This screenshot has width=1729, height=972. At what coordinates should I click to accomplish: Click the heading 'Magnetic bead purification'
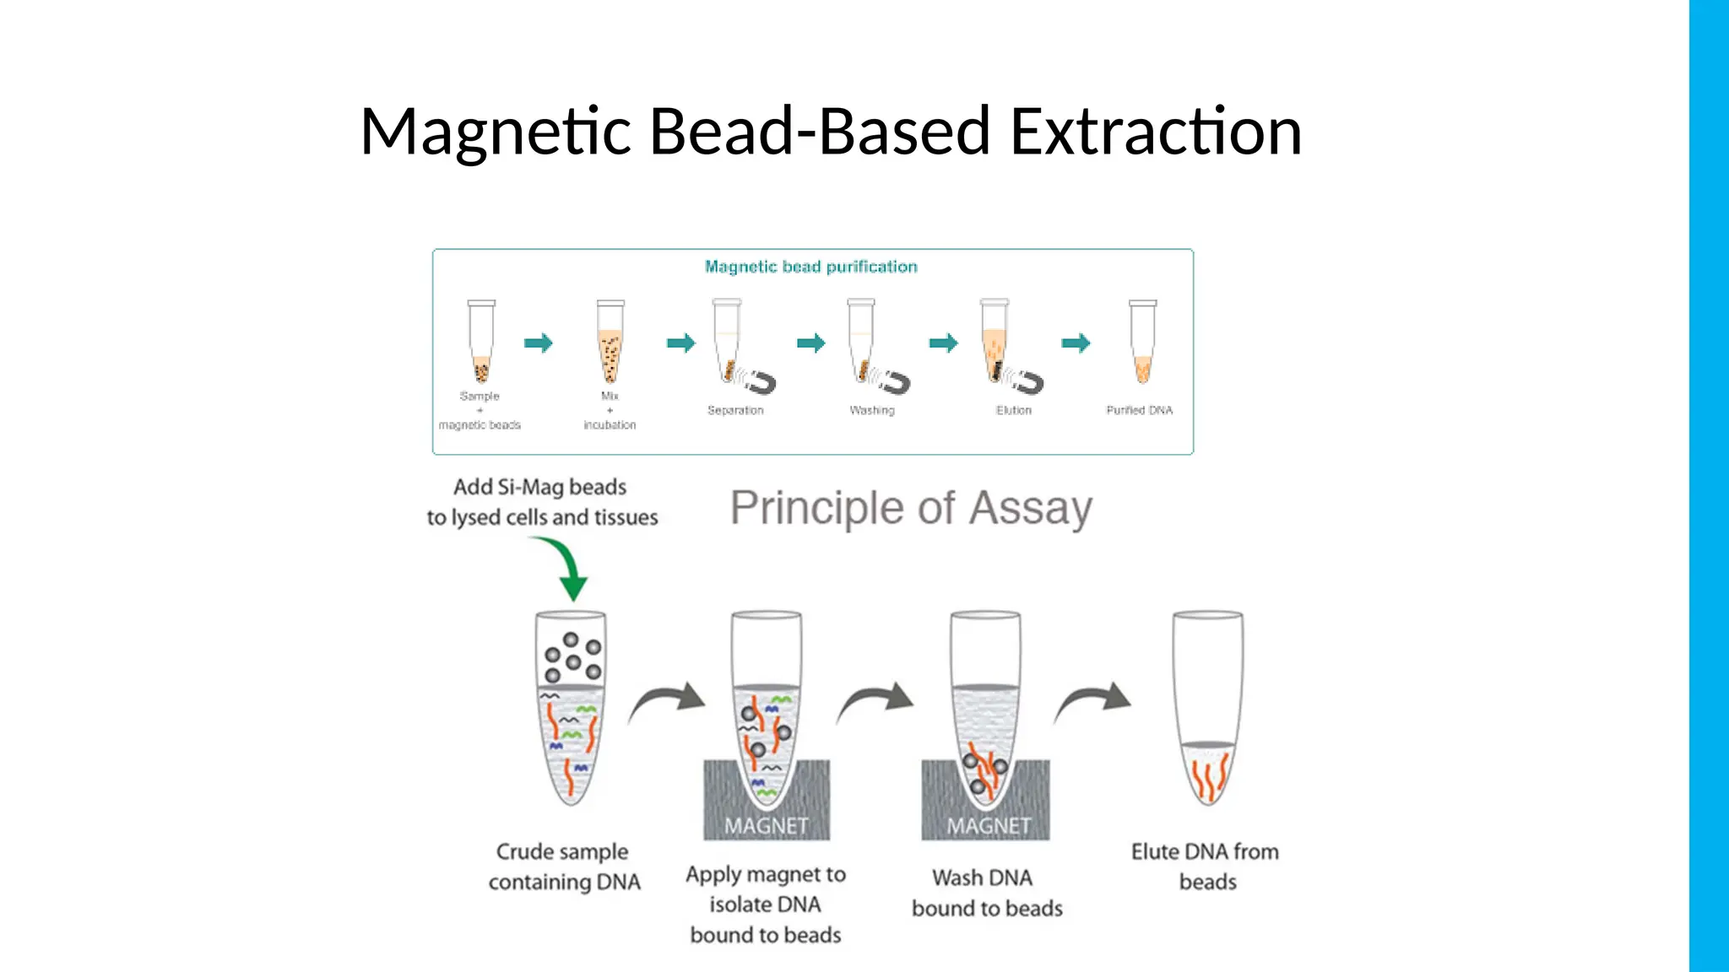click(x=810, y=267)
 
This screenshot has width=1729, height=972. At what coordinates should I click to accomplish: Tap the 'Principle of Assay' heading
click(x=911, y=508)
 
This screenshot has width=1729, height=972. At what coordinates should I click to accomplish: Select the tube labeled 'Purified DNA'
click(x=1142, y=342)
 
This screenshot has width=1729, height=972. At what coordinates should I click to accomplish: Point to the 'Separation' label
click(x=735, y=410)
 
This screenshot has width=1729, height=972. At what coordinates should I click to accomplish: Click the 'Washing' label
click(x=872, y=410)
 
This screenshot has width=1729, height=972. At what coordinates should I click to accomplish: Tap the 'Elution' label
click(x=1013, y=410)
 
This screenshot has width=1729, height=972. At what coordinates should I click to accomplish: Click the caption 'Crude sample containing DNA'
click(x=564, y=867)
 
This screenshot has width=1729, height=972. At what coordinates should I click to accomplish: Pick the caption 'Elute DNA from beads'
click(x=1206, y=867)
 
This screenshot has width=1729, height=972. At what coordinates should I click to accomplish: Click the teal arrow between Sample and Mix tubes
click(x=538, y=343)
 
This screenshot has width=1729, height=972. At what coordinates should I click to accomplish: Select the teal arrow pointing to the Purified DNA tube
click(x=1076, y=343)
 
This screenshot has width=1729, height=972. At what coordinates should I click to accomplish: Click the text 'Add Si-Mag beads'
click(x=540, y=487)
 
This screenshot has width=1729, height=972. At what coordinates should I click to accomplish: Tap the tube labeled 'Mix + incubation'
click(x=610, y=342)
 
